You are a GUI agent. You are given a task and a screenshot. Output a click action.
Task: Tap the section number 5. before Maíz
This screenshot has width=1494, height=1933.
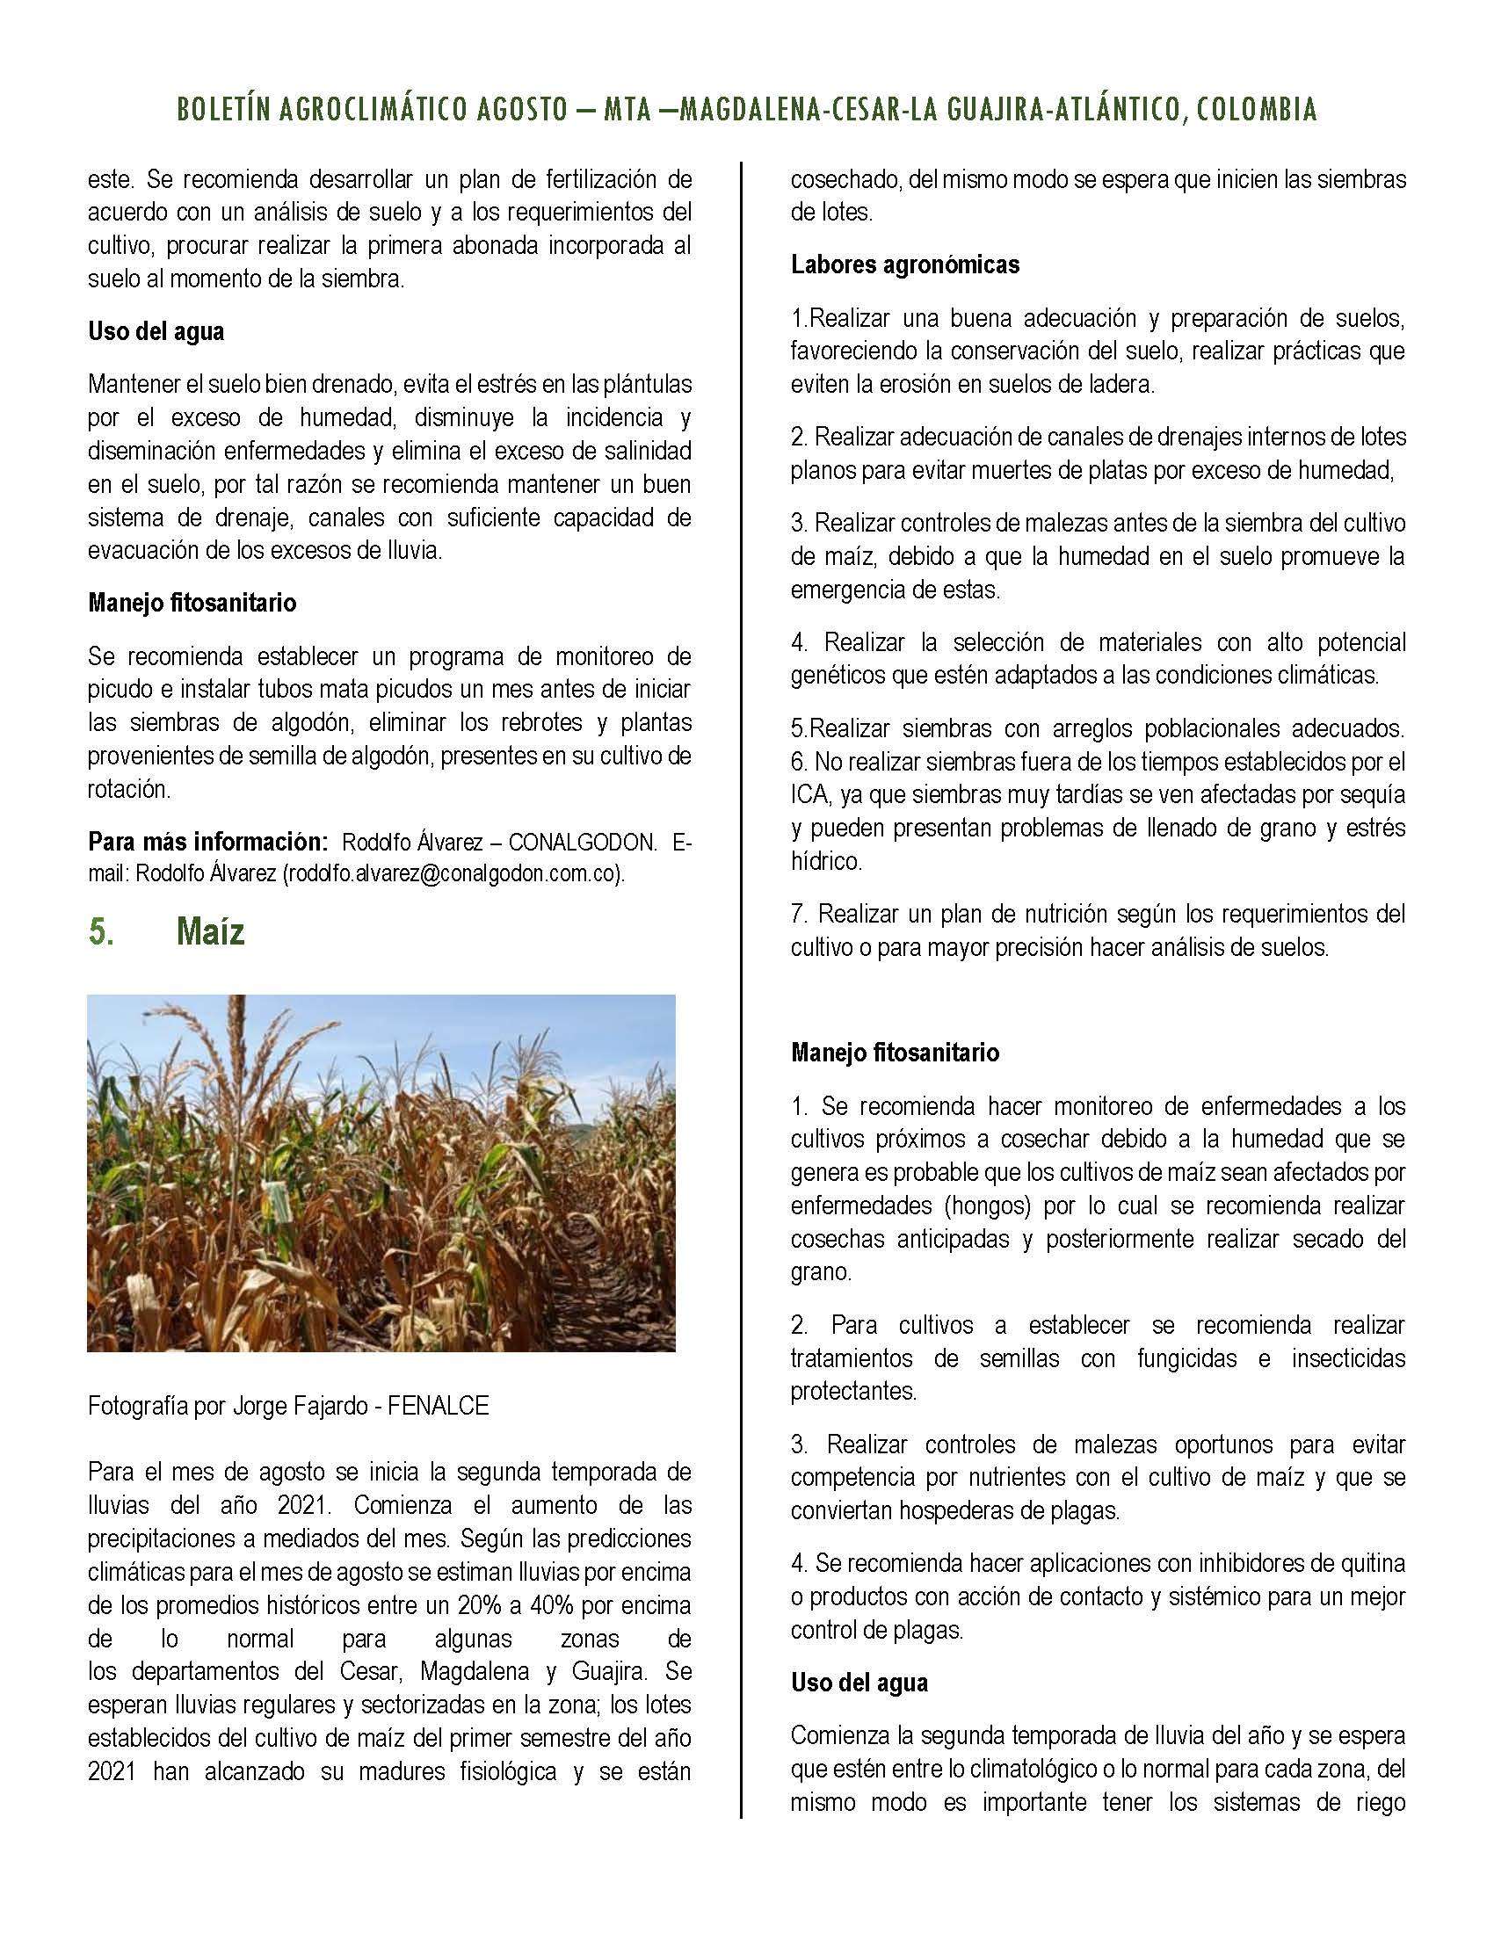102,932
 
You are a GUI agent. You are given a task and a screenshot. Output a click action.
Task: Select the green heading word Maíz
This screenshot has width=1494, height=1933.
210,932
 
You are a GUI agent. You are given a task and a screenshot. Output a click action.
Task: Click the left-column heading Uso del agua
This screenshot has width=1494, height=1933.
156,332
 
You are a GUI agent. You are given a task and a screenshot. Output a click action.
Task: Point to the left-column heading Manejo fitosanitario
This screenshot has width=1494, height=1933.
192,604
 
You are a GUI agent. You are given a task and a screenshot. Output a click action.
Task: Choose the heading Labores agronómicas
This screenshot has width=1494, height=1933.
904,264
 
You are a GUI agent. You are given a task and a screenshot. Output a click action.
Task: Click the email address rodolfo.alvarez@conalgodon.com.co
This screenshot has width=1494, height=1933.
453,873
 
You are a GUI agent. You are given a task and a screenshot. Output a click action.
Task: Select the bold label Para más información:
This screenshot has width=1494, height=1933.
208,841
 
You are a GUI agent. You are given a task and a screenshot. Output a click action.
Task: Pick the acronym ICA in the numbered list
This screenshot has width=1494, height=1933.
809,795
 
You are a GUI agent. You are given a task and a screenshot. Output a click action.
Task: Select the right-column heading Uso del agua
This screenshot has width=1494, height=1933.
859,1683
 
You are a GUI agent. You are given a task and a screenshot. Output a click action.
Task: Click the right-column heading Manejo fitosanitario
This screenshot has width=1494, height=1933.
895,1053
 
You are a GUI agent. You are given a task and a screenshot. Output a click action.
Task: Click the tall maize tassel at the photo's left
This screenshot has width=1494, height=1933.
236,1062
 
